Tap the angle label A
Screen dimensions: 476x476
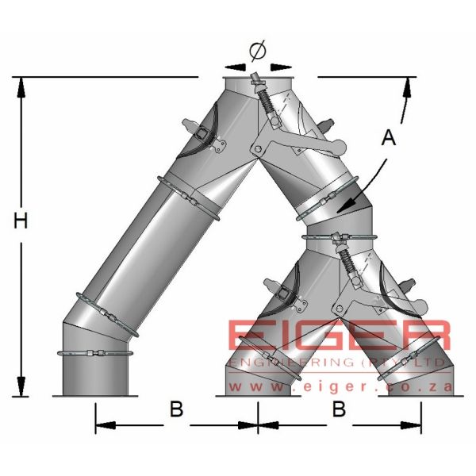[x=387, y=138]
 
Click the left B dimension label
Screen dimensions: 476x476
[x=176, y=410]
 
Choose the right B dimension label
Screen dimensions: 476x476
[x=338, y=410]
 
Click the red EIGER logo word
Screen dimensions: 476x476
[x=340, y=337]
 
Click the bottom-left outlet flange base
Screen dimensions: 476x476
[x=95, y=394]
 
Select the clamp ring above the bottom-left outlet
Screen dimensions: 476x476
[x=95, y=354]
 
